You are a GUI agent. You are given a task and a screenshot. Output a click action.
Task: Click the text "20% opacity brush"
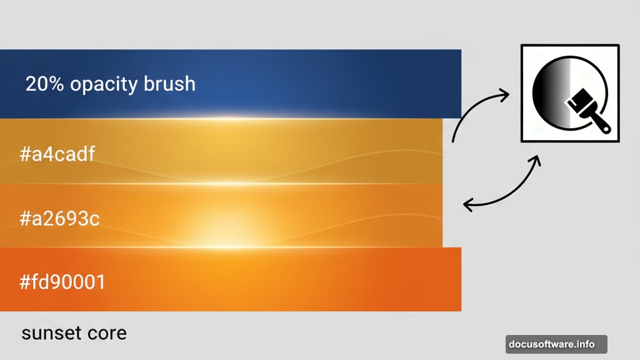110,84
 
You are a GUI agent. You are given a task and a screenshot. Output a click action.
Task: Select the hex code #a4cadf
57,154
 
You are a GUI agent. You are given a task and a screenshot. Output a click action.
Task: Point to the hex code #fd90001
62,282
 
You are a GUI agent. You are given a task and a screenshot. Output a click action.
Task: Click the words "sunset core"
74,332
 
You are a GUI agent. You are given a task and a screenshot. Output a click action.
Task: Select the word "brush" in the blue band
169,84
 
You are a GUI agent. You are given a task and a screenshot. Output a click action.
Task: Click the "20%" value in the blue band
45,84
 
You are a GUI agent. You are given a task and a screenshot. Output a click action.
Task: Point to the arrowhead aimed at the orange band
467,204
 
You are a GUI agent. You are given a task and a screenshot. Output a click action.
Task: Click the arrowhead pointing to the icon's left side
504,94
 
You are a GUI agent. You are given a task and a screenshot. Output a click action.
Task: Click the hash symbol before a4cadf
26,154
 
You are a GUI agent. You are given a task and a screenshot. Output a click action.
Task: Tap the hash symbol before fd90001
26,282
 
